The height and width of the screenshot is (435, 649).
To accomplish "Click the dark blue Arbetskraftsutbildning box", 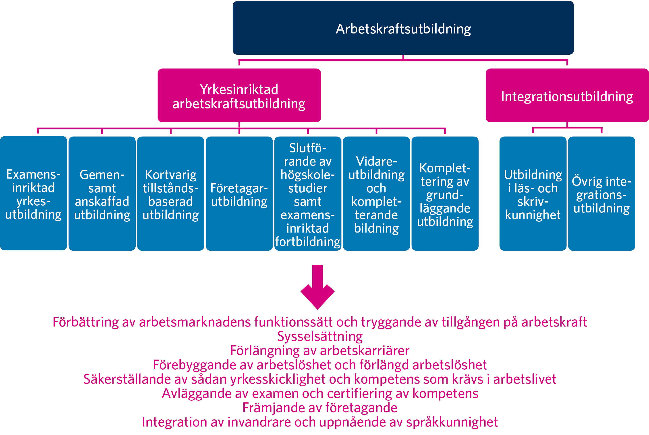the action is [403, 28].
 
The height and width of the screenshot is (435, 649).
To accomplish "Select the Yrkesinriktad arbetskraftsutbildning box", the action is [239, 96].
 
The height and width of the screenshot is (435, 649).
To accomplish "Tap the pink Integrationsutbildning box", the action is [567, 96].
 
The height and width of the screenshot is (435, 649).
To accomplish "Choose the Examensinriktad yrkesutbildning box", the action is [33, 193].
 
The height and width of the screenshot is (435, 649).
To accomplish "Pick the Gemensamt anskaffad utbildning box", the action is [102, 193].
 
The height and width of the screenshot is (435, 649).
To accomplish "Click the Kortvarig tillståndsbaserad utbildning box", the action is [170, 193].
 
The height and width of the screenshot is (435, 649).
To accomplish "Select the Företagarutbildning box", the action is [239, 193].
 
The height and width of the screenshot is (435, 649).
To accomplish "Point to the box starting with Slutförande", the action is [308, 193].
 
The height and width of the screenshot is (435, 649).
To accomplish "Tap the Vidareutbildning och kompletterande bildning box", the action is [376, 193].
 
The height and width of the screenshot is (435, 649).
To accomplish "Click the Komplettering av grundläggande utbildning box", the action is [445, 193].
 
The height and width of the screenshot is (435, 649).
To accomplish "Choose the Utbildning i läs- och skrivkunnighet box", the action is [533, 193].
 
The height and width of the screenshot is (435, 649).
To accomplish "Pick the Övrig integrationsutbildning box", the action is [602, 193].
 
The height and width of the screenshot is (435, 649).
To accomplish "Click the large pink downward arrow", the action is [317, 287].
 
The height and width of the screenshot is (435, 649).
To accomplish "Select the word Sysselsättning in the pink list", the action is [320, 336].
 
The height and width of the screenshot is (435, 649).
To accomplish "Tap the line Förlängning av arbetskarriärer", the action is [320, 351].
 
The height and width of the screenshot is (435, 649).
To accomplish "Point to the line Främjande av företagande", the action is [320, 408].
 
